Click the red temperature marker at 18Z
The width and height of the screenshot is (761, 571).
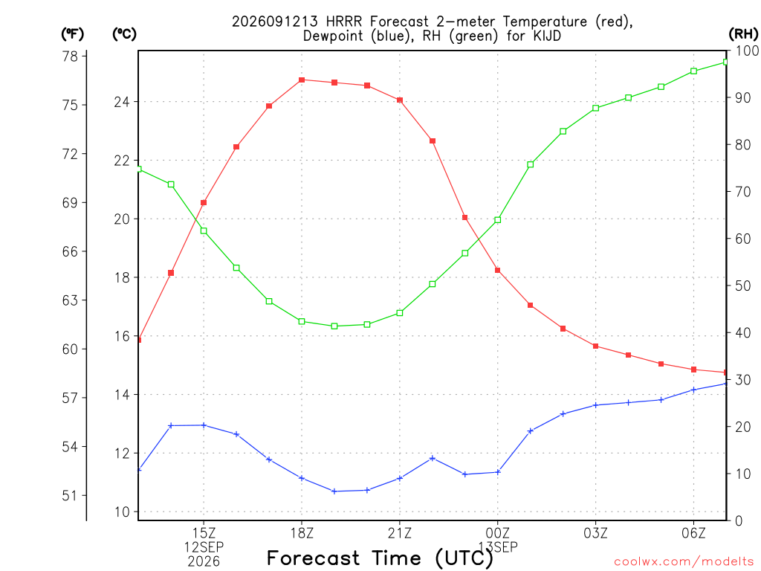(x=302, y=80)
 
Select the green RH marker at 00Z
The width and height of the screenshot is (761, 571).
(x=497, y=220)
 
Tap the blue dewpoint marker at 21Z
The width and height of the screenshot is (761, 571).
(x=399, y=478)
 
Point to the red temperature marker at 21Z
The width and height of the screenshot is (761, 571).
(x=399, y=100)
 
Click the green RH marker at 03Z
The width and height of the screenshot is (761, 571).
(x=595, y=108)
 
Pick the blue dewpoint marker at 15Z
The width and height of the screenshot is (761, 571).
(x=204, y=425)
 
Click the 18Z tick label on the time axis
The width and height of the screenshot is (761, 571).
(x=302, y=533)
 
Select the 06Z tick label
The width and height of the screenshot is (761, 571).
(x=693, y=533)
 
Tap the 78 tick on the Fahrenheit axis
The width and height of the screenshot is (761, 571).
(x=70, y=57)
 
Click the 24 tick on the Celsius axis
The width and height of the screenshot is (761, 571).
(x=122, y=102)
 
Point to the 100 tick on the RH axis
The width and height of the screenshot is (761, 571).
(x=748, y=51)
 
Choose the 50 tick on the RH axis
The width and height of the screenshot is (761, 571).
(x=743, y=285)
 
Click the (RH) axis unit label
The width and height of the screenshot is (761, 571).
(x=743, y=33)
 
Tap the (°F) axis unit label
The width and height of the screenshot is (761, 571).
(x=72, y=34)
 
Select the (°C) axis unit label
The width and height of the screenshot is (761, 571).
(x=124, y=34)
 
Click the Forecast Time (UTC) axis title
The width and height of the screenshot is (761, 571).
(x=380, y=558)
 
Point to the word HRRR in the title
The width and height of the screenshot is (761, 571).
(x=344, y=22)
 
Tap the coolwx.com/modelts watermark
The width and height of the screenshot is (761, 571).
(x=684, y=562)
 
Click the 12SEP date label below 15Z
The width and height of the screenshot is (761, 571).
(x=204, y=547)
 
